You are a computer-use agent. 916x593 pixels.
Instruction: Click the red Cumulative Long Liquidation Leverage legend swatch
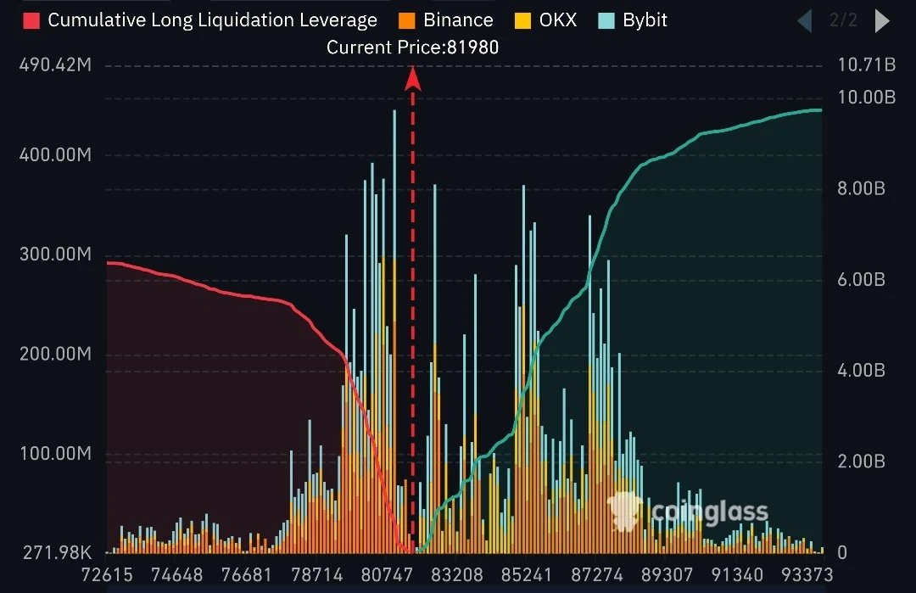pos(31,20)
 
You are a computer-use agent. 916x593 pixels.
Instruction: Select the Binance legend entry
pos(446,20)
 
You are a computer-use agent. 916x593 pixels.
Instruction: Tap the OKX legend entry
pos(545,20)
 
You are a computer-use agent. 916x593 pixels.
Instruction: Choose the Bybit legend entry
pos(633,20)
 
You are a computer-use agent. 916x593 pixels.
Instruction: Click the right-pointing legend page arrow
pos(882,21)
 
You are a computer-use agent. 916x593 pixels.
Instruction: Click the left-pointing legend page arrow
pos(804,21)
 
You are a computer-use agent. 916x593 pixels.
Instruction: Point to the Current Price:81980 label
pos(412,48)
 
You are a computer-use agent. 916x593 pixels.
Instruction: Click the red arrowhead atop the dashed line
pos(413,79)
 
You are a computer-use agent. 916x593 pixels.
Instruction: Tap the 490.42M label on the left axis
pos(55,64)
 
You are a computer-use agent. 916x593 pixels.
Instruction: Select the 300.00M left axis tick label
pos(55,255)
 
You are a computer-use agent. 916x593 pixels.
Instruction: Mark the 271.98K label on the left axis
pos(58,552)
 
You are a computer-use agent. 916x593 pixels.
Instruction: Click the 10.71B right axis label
pos(866,64)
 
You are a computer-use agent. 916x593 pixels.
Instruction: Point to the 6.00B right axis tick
pos(861,279)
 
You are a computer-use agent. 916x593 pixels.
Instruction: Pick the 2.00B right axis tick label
pos(861,461)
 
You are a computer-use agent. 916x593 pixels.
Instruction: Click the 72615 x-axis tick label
pos(107,575)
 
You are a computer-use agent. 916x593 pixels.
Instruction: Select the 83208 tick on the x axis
pos(457,575)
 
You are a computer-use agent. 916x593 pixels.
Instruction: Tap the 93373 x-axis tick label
pos(807,575)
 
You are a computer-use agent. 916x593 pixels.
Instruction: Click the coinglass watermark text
pos(709,512)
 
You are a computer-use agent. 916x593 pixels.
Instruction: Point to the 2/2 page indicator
pos(844,20)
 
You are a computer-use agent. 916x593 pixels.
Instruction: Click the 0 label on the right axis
pos(842,552)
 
